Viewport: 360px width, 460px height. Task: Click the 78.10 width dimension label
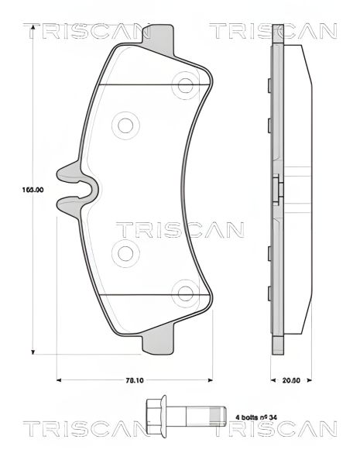tap(135, 380)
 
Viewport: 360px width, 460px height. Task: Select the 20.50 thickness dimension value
tap(290, 380)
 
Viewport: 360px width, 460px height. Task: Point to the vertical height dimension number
tap(32, 189)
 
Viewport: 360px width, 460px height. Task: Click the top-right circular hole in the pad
tap(185, 81)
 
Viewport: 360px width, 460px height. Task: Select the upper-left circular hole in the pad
tap(125, 124)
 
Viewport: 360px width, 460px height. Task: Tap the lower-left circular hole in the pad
tap(125, 251)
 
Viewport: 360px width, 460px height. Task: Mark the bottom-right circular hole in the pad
tap(185, 293)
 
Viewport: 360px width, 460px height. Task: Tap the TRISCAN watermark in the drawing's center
tap(179, 229)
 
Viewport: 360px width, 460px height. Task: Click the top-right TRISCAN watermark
tap(273, 32)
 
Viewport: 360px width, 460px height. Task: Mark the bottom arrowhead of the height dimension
tap(33, 352)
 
